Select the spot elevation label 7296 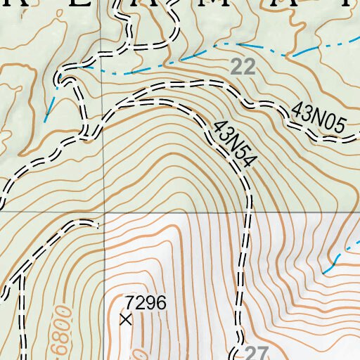pyautogui.click(x=146, y=303)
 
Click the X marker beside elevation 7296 pyautogui.click(x=126, y=320)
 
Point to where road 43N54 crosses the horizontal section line pyautogui.click(x=247, y=212)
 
